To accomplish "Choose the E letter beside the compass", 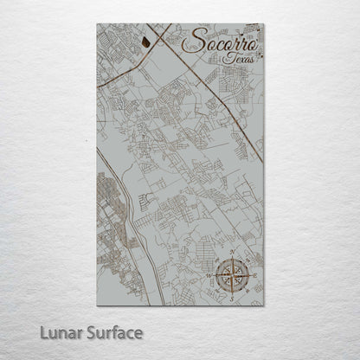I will [x=253, y=276].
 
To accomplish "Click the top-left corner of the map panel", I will [x=97, y=24].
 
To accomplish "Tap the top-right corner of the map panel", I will [x=264, y=24].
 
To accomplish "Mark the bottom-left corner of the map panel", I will [x=97, y=305].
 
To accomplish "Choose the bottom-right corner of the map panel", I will [x=264, y=305].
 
